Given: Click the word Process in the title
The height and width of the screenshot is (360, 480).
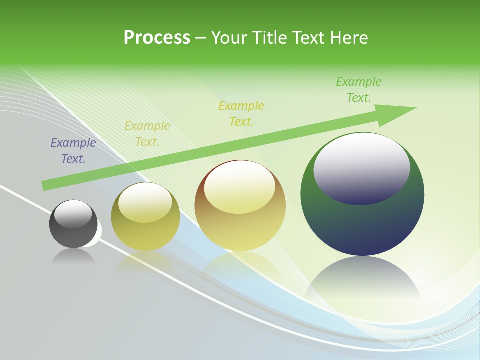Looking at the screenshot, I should click(157, 38).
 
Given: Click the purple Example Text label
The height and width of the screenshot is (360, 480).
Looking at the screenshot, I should click(73, 151).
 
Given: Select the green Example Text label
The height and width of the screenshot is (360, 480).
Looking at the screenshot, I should click(358, 90).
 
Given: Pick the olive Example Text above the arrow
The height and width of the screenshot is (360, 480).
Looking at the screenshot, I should click(241, 114).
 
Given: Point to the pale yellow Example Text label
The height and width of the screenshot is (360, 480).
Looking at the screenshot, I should click(147, 134).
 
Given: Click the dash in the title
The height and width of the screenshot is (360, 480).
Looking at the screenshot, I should click(201, 38).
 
